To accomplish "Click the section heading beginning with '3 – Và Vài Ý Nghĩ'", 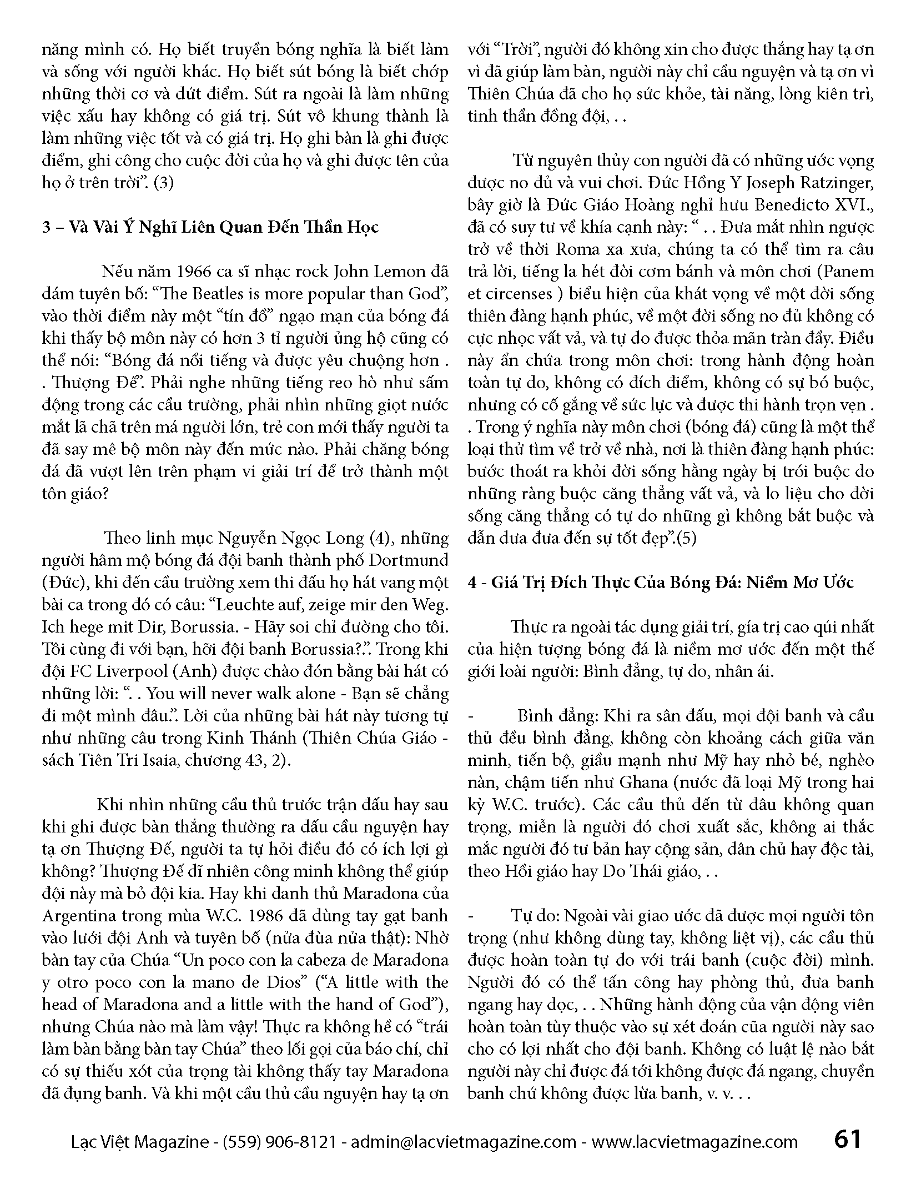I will (210, 227).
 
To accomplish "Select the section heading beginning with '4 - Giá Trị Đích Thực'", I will (661, 583).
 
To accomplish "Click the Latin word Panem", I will (847, 272).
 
